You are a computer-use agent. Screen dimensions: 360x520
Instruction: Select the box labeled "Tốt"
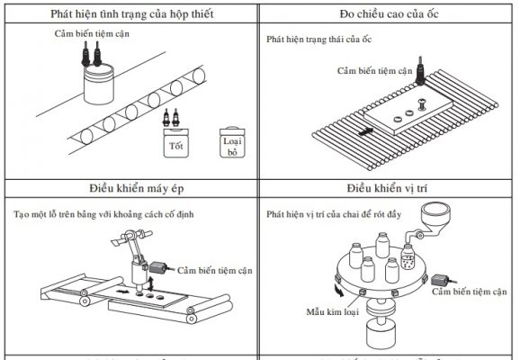(170, 141)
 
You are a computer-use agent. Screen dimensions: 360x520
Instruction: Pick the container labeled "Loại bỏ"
(231, 145)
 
